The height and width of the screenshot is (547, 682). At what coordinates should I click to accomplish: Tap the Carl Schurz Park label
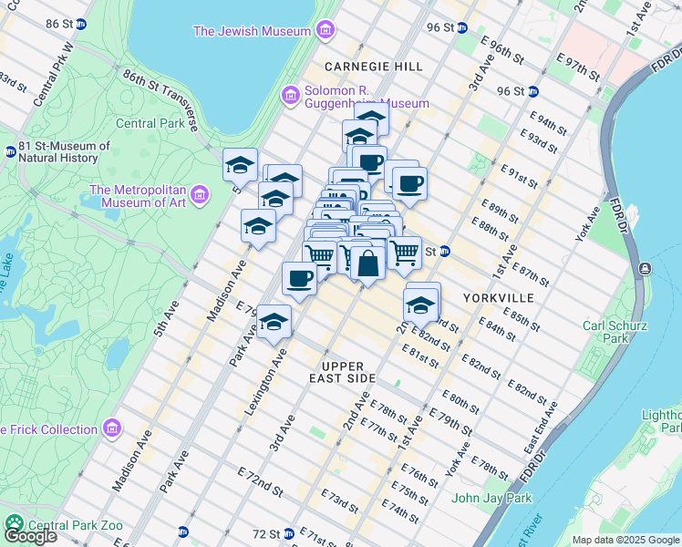click(615, 332)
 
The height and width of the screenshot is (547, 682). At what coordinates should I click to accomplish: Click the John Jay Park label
click(491, 498)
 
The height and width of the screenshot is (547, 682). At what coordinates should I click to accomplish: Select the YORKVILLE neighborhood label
click(494, 298)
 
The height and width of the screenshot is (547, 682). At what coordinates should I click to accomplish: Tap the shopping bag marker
click(367, 264)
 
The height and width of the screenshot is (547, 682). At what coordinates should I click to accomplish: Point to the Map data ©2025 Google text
click(626, 540)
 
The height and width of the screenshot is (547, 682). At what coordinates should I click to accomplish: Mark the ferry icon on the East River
click(646, 268)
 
